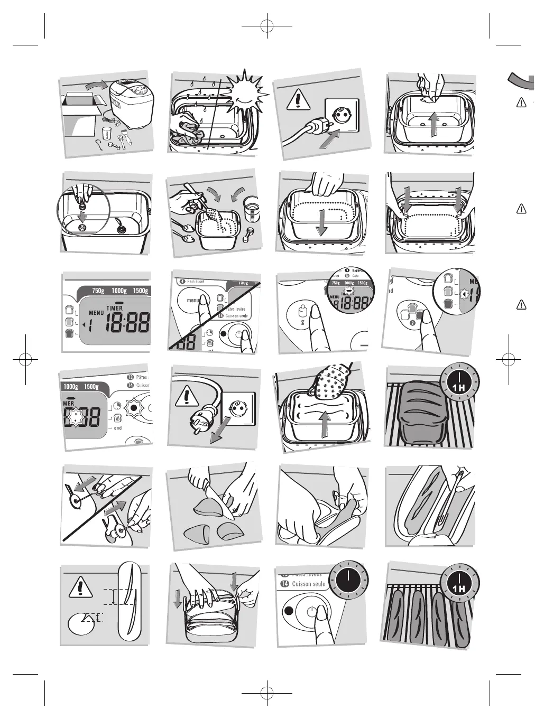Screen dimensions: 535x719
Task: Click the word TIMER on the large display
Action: [115, 308]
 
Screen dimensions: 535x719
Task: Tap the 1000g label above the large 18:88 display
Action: [119, 291]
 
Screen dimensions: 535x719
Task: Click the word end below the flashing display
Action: [117, 428]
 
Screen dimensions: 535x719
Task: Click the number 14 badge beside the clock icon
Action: [284, 584]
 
